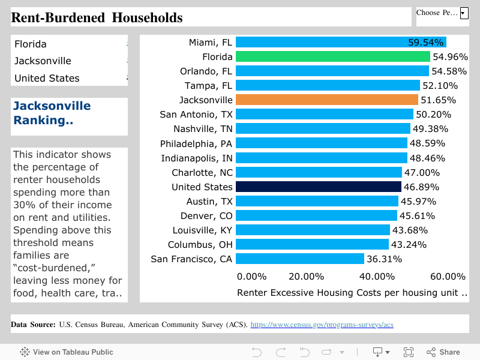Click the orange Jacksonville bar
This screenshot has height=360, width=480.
tap(326, 100)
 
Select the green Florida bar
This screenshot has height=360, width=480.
tap(332, 56)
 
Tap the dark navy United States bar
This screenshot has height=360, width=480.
tap(318, 187)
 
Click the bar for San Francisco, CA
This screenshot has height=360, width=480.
tap(299, 259)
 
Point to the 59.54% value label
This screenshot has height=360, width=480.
tap(425, 43)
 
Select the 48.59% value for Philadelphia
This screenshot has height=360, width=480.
tap(427, 143)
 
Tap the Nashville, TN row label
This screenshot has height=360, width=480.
tap(202, 129)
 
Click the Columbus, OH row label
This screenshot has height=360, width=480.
tap(200, 245)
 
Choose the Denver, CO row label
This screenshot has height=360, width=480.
tap(206, 216)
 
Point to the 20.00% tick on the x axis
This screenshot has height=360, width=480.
tap(306, 277)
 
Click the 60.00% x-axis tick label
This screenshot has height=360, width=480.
tap(448, 277)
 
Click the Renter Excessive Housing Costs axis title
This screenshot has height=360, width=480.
tap(352, 293)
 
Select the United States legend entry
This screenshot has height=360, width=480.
tap(47, 78)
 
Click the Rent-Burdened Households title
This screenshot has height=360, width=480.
tap(97, 17)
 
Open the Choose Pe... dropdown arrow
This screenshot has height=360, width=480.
tap(464, 13)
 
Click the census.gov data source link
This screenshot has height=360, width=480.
tap(322, 325)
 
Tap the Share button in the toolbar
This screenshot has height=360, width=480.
tap(443, 352)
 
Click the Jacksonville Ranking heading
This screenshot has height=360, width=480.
tap(52, 113)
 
